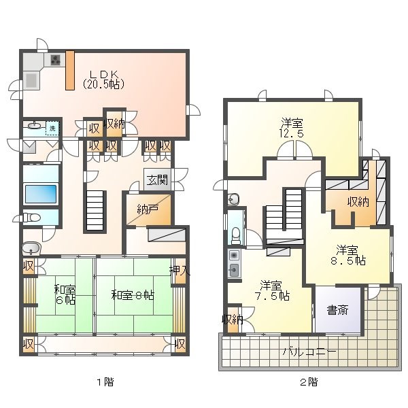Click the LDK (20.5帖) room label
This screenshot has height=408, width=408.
click(x=103, y=80)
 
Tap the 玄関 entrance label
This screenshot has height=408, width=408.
click(x=157, y=180)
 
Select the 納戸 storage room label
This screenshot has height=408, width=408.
click(x=148, y=209)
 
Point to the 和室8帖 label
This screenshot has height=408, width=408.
click(x=133, y=295)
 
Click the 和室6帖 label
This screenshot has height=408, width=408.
click(x=65, y=294)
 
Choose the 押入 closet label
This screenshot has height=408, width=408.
click(x=180, y=271)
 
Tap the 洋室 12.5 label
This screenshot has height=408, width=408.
click(x=292, y=128)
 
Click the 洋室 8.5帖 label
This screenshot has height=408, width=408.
click(x=348, y=255)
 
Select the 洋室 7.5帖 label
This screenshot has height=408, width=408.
click(x=272, y=290)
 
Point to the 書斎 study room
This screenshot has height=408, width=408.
click(x=338, y=309)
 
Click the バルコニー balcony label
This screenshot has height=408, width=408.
click(x=309, y=352)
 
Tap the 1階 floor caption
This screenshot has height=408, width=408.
click(x=105, y=382)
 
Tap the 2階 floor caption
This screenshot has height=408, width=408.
click(x=309, y=382)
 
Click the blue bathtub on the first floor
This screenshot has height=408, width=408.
click(x=41, y=194)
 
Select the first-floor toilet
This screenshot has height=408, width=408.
click(x=32, y=218)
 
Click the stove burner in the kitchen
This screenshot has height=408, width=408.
click(x=55, y=60)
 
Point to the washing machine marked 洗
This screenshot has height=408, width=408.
click(x=52, y=128)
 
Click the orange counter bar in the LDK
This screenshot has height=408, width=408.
click(x=70, y=70)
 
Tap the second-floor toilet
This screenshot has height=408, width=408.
click(x=236, y=235)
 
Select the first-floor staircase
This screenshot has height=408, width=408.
click(x=95, y=211)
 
